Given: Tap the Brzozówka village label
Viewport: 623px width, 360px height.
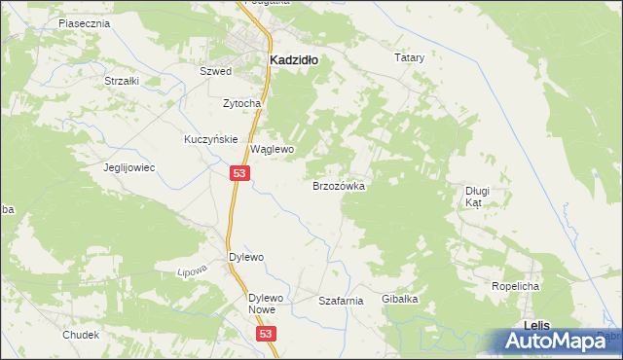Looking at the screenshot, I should coord(338,185).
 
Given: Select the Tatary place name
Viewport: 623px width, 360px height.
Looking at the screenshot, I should coord(410,58).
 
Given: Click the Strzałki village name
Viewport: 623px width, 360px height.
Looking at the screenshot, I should coord(122,81).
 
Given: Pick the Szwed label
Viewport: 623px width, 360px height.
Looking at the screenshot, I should coord(215,72).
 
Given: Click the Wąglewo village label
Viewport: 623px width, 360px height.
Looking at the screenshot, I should coord(272,150).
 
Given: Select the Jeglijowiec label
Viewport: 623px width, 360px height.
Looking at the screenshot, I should coord(129,167).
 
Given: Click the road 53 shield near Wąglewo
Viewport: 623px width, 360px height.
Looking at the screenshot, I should coord(241,172).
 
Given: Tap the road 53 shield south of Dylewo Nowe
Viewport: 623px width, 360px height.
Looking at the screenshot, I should coord(269,333).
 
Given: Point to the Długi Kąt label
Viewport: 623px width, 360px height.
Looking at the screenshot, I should coord(476,198).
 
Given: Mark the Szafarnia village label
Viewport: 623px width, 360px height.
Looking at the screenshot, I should coord(341,302).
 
